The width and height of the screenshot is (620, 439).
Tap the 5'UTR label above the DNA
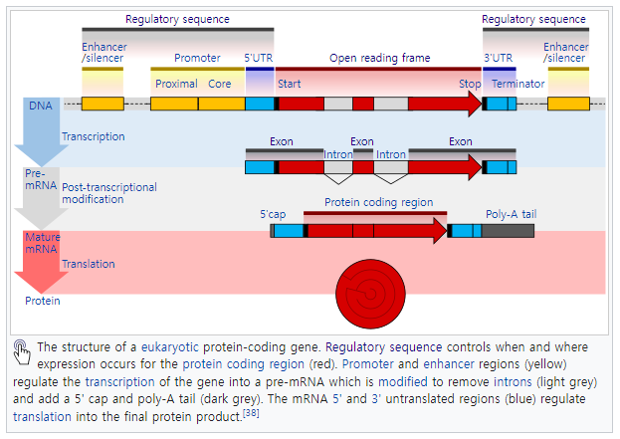tap(259, 59)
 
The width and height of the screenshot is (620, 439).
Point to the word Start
tap(290, 85)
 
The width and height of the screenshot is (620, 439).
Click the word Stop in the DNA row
tap(470, 85)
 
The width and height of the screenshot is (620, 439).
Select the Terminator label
tap(517, 85)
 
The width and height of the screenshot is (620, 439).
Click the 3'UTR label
tap(499, 59)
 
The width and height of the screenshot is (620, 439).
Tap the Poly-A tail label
tap(509, 214)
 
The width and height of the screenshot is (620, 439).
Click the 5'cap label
tap(274, 214)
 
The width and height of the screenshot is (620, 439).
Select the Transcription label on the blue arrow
tap(94, 136)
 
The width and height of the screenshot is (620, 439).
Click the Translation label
tap(89, 264)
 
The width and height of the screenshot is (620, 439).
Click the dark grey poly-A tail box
tap(508, 231)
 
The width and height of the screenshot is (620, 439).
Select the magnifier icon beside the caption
tap(21, 348)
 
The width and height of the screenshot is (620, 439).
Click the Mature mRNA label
tap(42, 244)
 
